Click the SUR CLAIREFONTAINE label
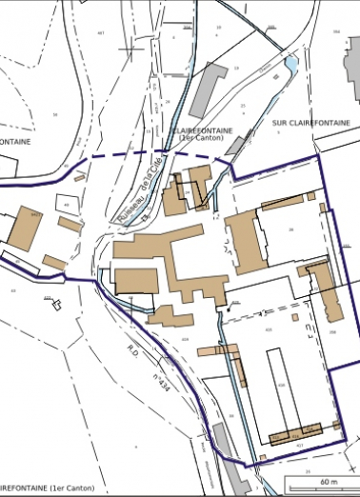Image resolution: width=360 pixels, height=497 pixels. pyautogui.click(x=307, y=123)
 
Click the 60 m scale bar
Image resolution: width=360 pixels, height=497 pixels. pyautogui.click(x=329, y=474)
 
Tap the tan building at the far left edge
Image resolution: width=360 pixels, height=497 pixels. pyautogui.click(x=23, y=229)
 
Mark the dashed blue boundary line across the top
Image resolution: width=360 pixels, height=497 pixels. pyautogui.click(x=143, y=154)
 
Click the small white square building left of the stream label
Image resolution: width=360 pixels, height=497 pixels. pyautogui.click(x=68, y=205)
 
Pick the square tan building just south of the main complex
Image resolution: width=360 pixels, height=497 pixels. pyautogui.click(x=136, y=282)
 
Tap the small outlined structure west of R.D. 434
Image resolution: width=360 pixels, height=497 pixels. pyautogui.click(x=55, y=305)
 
